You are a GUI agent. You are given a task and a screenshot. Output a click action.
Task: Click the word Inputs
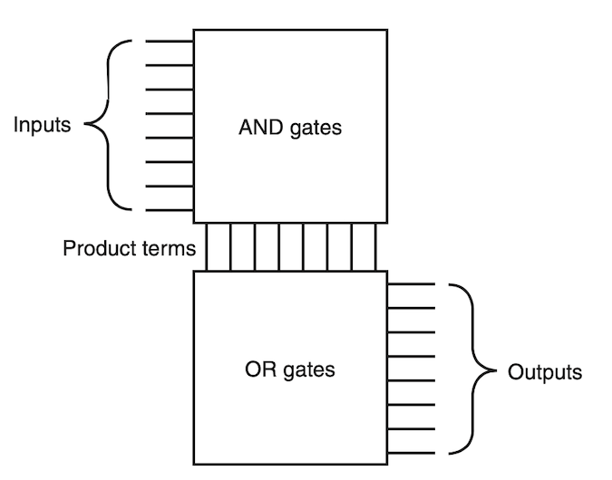42,125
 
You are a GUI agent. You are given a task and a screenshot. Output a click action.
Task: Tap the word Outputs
545,372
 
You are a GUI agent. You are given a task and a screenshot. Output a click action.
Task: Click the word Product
95,247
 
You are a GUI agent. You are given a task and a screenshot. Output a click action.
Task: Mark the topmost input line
169,41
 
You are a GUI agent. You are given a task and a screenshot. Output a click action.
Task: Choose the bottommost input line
169,211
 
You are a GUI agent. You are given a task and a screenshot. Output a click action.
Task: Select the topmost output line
412,284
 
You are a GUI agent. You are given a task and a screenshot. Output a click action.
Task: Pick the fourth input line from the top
169,113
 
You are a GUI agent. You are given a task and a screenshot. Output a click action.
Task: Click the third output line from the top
412,332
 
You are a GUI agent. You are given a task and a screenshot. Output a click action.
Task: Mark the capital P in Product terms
68,247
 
